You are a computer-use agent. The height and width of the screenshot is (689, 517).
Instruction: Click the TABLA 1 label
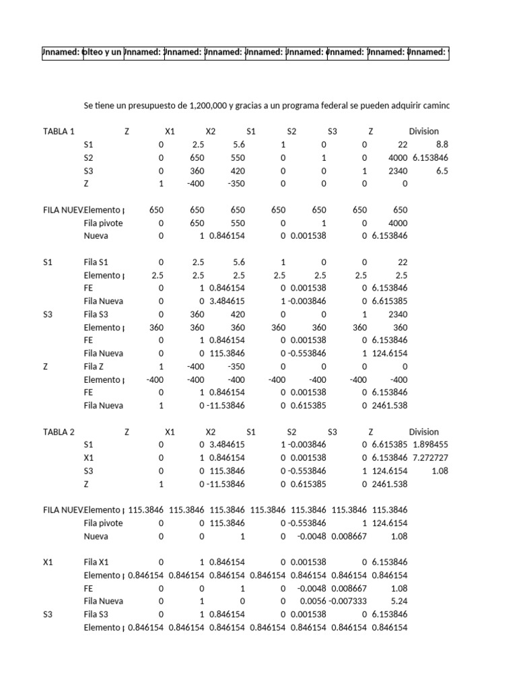pos(59,132)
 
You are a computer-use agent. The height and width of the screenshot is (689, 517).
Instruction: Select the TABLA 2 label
pos(59,432)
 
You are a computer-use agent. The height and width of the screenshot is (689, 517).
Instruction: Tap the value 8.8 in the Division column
pos(442,145)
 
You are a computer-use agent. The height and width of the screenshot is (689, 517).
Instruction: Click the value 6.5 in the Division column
pos(442,171)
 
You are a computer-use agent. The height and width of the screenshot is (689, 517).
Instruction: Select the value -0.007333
pos(347,601)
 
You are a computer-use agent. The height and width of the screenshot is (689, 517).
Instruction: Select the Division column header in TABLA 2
pos(423,432)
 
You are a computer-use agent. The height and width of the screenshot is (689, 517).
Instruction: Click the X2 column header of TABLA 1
pos(210,132)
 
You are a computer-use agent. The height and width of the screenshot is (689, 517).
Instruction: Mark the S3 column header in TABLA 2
pos(333,432)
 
